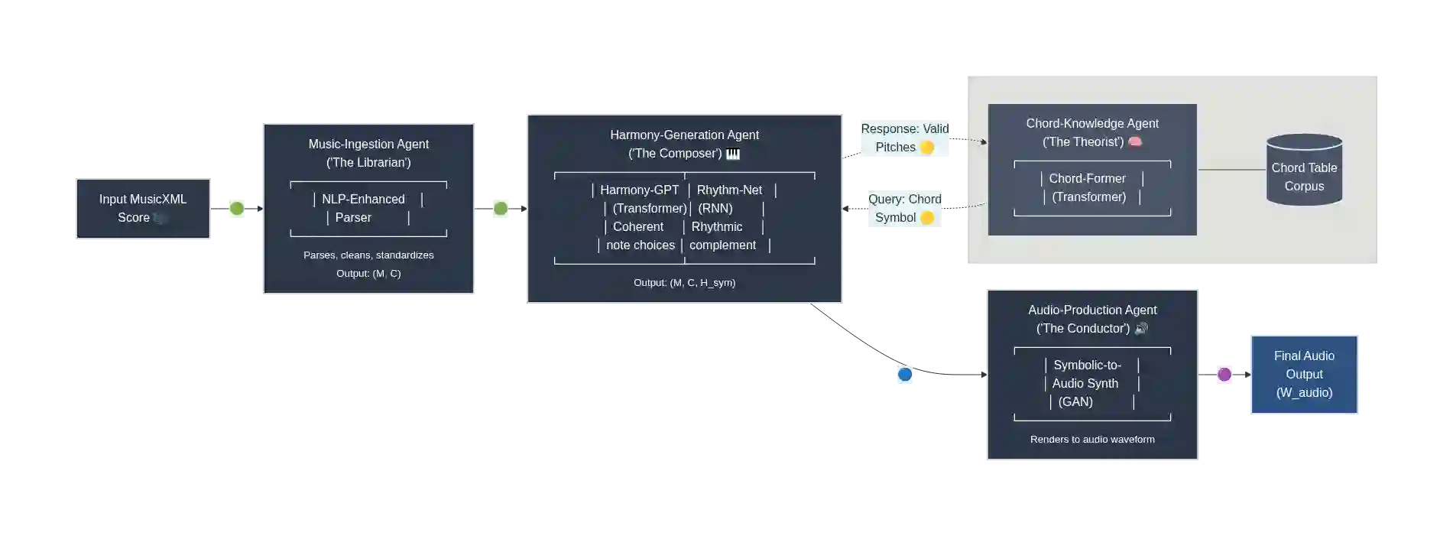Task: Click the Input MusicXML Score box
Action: point(143,210)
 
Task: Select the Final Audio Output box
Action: point(1304,374)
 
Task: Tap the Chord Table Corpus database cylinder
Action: point(1304,171)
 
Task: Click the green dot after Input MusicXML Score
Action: point(236,208)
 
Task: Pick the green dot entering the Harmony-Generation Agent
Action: point(501,208)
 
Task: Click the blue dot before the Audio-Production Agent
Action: point(905,374)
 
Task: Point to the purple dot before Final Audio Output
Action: point(1224,374)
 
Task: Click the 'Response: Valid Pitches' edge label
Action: point(904,138)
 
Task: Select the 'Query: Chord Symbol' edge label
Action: point(905,209)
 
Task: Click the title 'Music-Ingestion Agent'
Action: point(368,144)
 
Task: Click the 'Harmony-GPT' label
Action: point(639,190)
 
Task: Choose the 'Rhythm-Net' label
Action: point(729,190)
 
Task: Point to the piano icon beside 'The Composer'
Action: point(733,154)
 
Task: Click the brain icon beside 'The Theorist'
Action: point(1135,141)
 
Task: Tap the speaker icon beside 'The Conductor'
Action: point(1141,329)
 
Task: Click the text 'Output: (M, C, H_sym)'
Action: point(684,283)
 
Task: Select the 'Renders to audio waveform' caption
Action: point(1092,440)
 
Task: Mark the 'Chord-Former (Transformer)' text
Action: point(1088,187)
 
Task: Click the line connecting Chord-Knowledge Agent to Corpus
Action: point(1231,170)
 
